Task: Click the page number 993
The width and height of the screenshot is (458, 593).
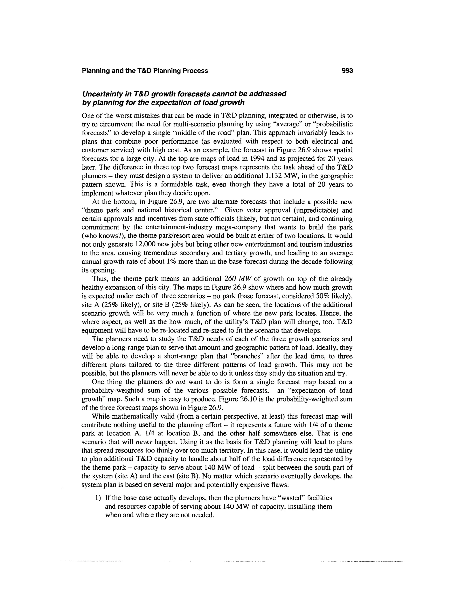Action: click(347, 71)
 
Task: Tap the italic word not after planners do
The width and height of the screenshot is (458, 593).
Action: click(180, 382)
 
